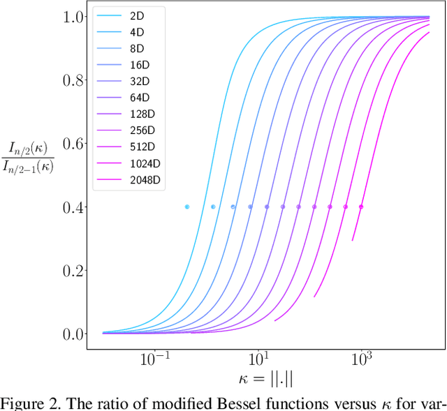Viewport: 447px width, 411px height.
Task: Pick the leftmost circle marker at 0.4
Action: [x=187, y=207]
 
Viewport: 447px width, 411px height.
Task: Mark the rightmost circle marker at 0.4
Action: [x=361, y=207]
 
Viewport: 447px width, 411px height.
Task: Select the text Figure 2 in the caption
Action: [x=27, y=403]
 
